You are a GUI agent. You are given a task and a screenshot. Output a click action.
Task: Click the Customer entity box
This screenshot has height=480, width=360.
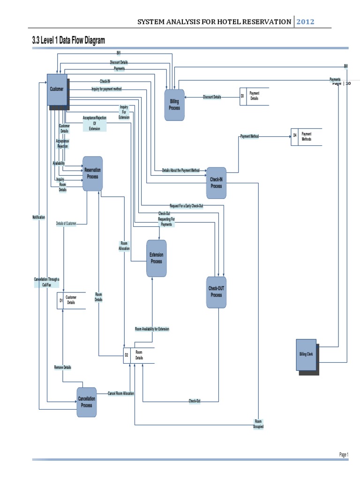click(57, 89)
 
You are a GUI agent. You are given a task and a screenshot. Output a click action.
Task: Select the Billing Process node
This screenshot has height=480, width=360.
click(174, 105)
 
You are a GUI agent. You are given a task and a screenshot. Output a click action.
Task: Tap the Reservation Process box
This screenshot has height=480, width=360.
click(92, 173)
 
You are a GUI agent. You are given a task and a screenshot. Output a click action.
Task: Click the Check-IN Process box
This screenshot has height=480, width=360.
click(216, 183)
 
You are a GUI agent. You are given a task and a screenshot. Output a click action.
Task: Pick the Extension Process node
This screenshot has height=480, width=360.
click(156, 258)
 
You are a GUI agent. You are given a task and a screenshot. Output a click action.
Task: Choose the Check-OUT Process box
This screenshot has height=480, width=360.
click(216, 292)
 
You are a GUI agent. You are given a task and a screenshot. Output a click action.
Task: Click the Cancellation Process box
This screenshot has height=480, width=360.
click(87, 402)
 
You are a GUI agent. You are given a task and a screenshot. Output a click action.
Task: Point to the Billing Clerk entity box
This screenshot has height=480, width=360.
click(306, 354)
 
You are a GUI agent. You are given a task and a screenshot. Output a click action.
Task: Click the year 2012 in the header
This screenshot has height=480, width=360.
click(305, 22)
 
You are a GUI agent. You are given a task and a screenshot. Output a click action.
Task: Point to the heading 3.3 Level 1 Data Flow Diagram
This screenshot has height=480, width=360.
click(68, 41)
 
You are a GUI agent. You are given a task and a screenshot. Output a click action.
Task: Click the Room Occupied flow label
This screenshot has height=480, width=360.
click(258, 424)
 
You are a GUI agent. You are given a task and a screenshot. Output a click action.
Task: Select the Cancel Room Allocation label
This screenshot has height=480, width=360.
click(120, 393)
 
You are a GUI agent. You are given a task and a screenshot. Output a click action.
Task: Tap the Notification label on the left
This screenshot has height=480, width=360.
click(39, 217)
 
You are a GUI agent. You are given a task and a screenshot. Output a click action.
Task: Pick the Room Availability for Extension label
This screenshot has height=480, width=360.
click(152, 329)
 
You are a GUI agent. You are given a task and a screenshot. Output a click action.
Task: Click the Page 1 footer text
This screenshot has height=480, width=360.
click(344, 455)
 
